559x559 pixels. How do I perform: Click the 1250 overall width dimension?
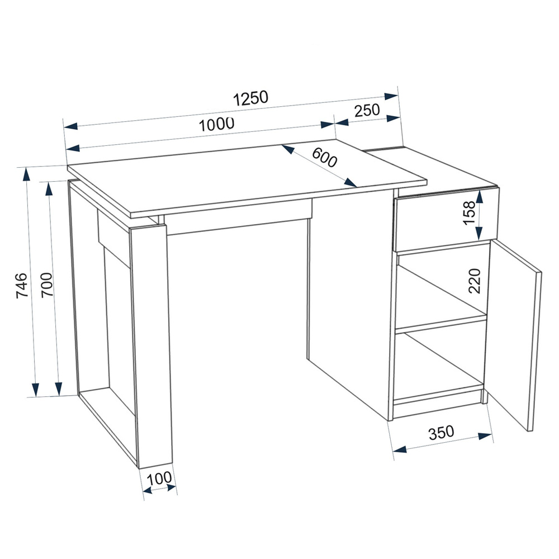[250, 98]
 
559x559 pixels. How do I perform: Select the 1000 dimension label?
[216, 125]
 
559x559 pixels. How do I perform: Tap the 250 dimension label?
[367, 110]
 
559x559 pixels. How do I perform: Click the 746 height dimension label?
[22, 285]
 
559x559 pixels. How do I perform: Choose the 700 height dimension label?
[47, 285]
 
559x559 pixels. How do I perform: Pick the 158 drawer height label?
[469, 213]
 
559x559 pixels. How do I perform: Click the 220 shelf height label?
[475, 281]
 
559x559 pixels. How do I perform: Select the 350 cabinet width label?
[442, 433]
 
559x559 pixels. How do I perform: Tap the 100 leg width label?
[159, 479]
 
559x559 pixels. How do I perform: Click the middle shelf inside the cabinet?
[442, 323]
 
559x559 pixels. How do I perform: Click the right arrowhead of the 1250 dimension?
[391, 96]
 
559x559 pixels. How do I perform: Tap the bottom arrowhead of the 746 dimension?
[35, 389]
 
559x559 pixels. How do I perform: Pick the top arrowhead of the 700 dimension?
[49, 190]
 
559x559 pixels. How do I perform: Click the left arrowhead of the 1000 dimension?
[72, 148]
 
